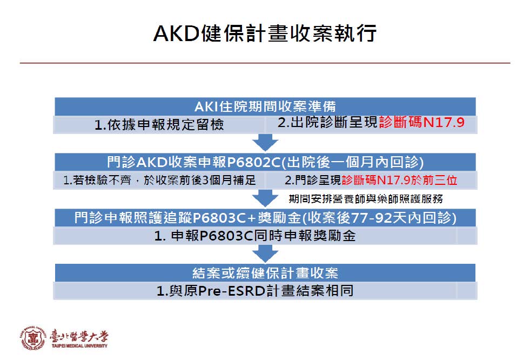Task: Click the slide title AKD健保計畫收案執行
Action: (265, 33)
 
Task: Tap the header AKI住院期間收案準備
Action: (265, 106)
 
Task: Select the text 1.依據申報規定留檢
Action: (159, 125)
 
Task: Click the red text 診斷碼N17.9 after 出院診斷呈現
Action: (421, 122)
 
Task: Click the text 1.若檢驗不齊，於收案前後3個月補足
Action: (159, 180)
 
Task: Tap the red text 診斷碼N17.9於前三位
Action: (399, 180)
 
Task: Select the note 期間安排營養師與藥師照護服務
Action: (366, 199)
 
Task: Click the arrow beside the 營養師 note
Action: (265, 198)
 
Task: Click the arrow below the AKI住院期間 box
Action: (265, 142)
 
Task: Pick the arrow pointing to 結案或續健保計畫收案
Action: (265, 253)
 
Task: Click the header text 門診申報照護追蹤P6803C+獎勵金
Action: (187, 218)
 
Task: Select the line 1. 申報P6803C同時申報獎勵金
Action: (255, 236)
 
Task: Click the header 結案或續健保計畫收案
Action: (265, 273)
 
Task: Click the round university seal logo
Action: (33, 338)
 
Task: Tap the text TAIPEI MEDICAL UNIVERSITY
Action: (79, 346)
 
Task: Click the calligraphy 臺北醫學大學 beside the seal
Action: (79, 336)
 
